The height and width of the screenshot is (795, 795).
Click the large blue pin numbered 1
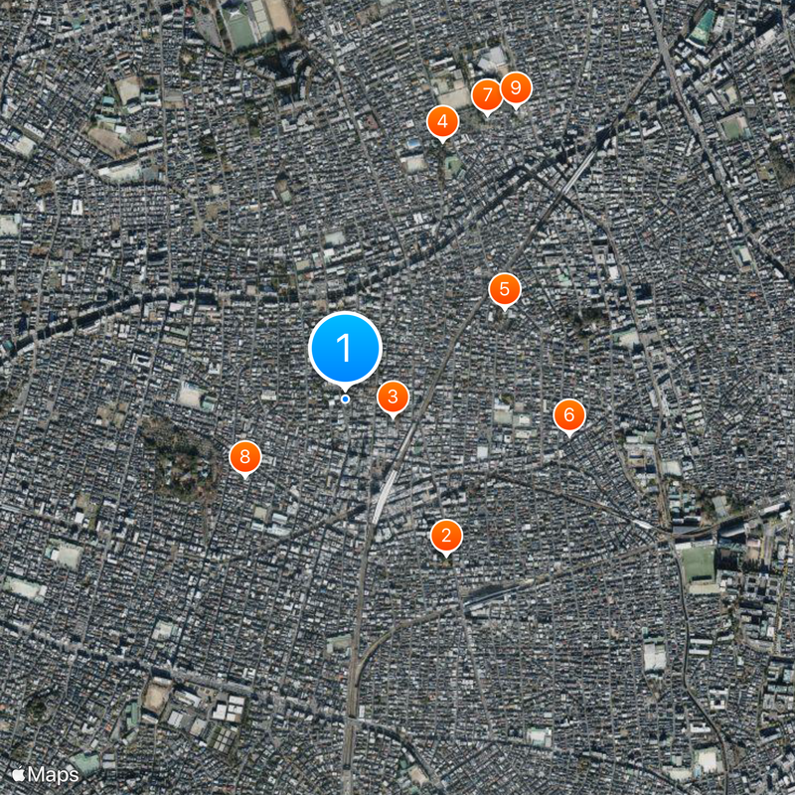coord(345,348)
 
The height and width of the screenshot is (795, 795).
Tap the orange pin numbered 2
coord(446,537)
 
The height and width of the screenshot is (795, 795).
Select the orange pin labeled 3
coord(393,397)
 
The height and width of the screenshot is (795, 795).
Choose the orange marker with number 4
coord(442,122)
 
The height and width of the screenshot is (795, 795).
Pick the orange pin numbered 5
coord(505,289)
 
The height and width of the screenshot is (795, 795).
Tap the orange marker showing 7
coord(486,96)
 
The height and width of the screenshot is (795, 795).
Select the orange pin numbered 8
coord(244,457)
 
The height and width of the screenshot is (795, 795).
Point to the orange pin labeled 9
coord(515,88)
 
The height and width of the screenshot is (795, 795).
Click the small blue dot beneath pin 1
coord(345,399)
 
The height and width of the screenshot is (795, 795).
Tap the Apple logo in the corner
coord(18,774)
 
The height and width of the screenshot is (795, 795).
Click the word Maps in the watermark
coord(54,774)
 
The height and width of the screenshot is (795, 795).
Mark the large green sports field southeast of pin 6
coord(698,562)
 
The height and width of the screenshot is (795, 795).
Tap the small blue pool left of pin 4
coord(413,145)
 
